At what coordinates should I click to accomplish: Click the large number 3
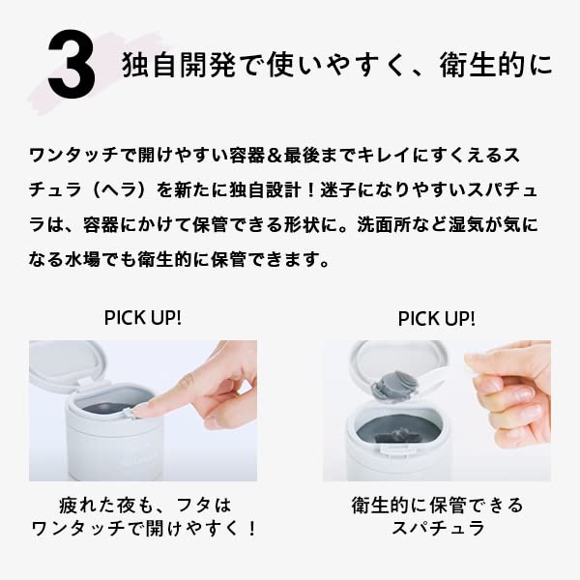tap(71, 66)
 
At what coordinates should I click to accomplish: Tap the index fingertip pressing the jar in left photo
tap(145, 409)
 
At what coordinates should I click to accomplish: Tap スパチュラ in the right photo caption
tap(437, 529)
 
